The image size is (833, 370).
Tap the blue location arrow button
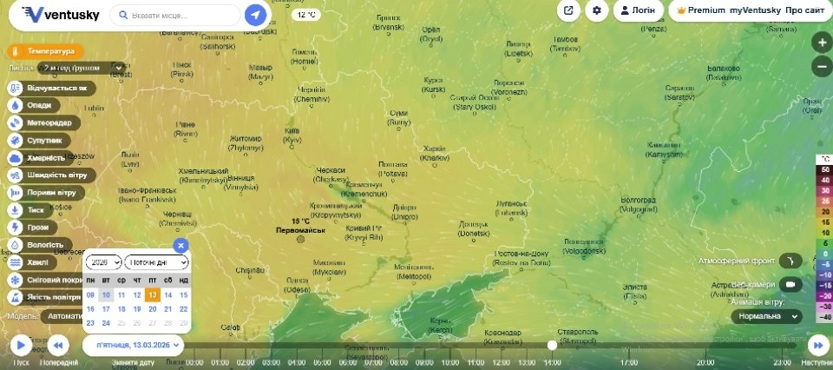pos(255,15)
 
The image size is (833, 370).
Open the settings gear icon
pos(596,10)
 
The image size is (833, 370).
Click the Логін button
pos(638,10)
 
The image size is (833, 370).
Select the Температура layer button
pos(45,51)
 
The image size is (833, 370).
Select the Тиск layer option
pos(31,209)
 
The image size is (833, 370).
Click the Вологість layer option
pos(38,245)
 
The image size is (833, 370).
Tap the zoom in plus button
pos(822,43)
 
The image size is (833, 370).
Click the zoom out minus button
pos(822,66)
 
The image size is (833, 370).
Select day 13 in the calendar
pos(153,294)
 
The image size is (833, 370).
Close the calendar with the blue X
pos(180,245)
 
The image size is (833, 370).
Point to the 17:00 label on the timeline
pos(630,362)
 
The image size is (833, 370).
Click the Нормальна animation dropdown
pos(765,317)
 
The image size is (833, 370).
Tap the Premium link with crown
pos(700,10)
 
